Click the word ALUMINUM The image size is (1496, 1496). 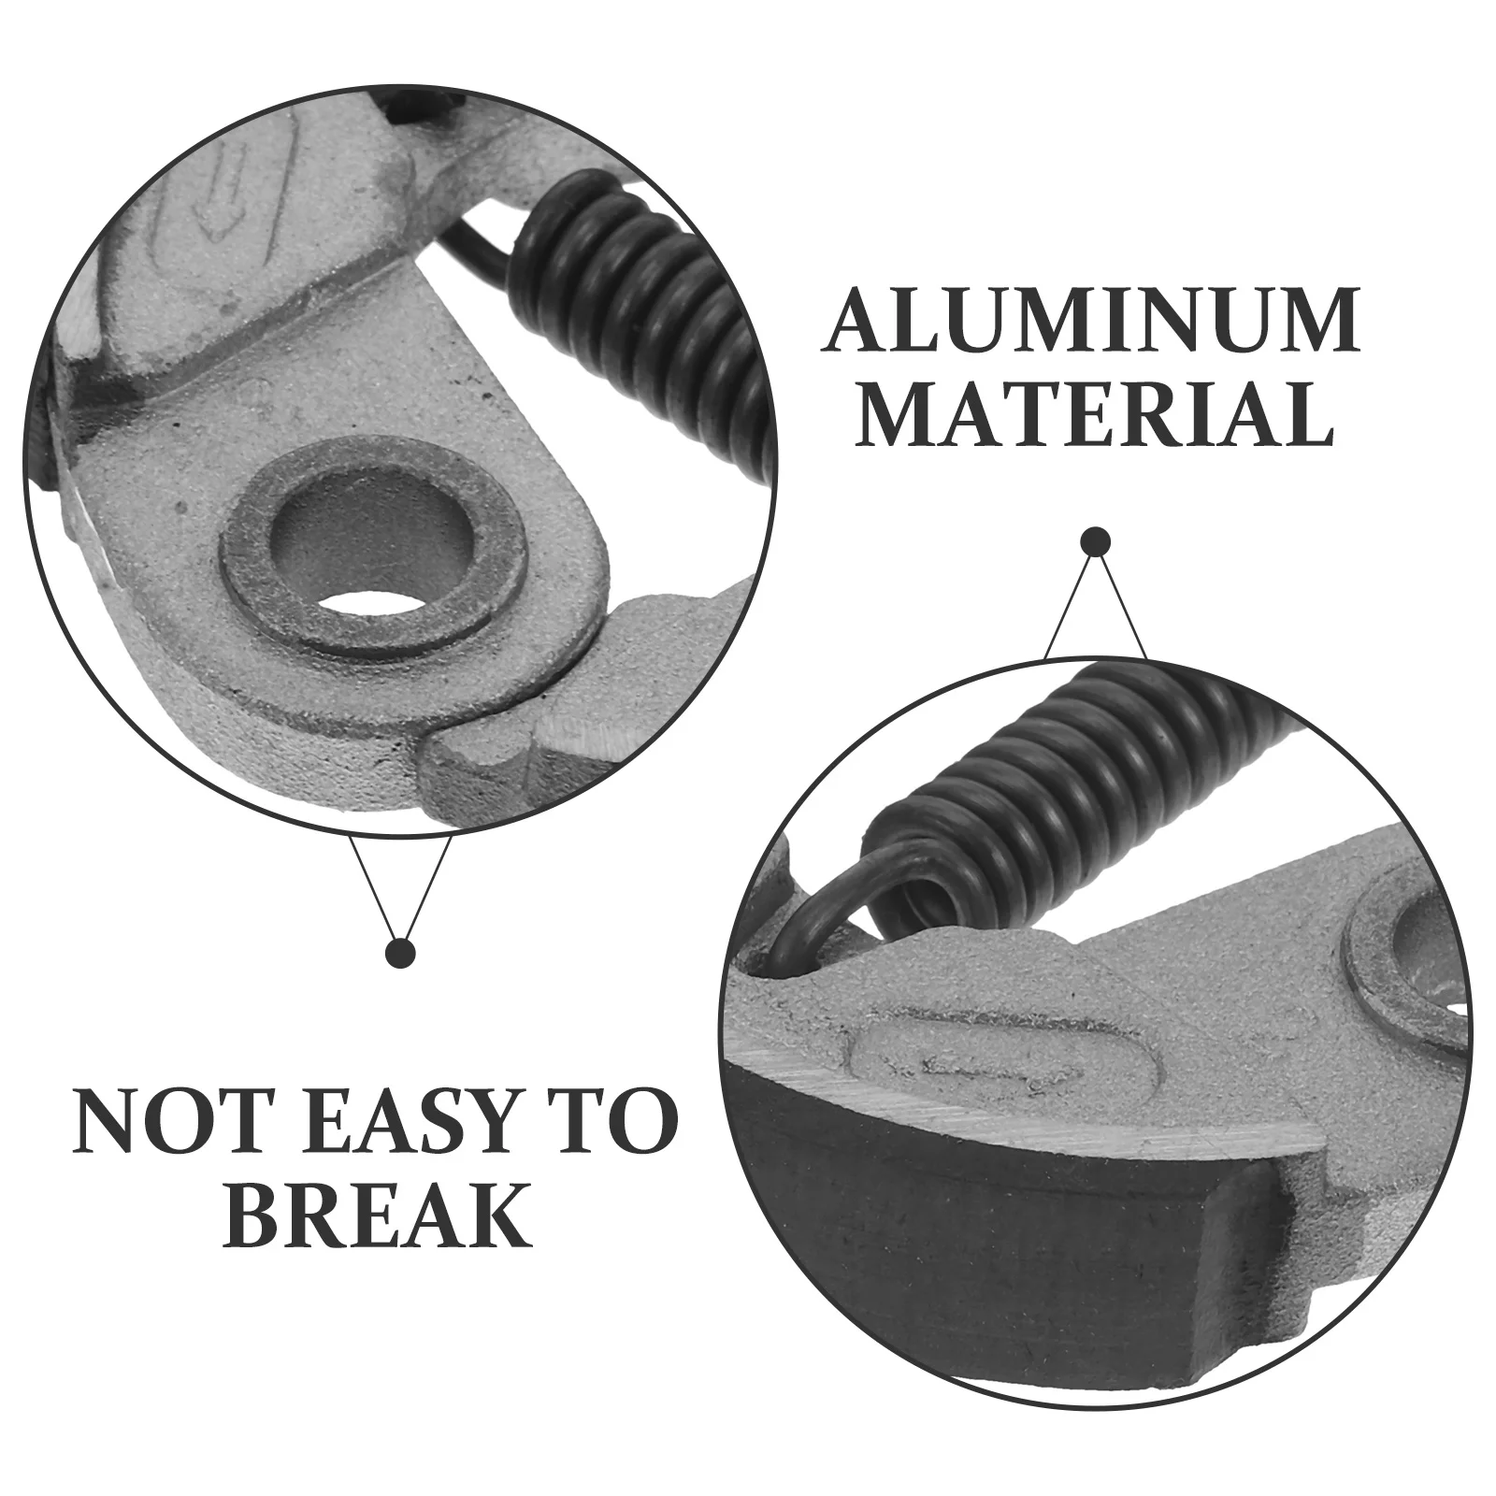point(1090,321)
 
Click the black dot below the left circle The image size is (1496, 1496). point(401,954)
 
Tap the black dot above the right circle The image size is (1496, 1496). point(1095,542)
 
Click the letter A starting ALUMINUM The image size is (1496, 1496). point(856,321)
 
